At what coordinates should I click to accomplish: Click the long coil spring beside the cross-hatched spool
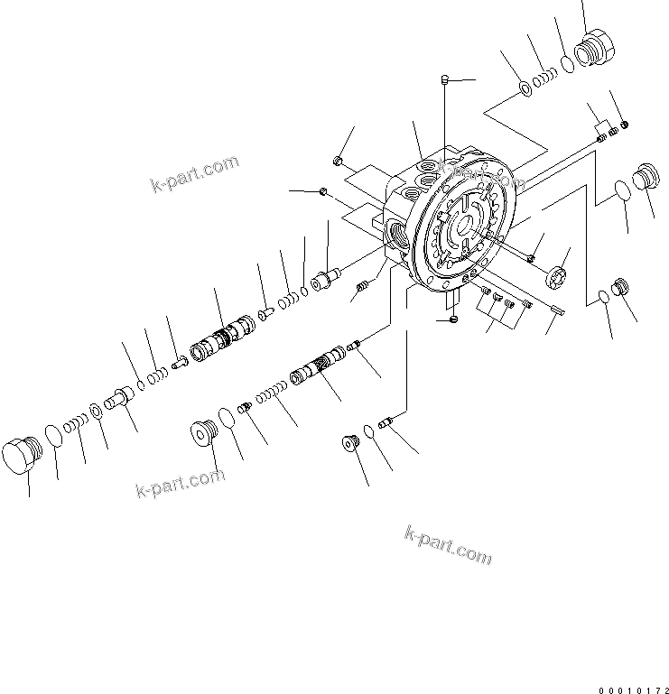tap(272, 395)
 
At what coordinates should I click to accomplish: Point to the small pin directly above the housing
tap(444, 81)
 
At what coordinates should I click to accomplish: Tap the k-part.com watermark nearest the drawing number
tap(449, 545)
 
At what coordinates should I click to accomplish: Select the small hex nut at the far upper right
tap(625, 124)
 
